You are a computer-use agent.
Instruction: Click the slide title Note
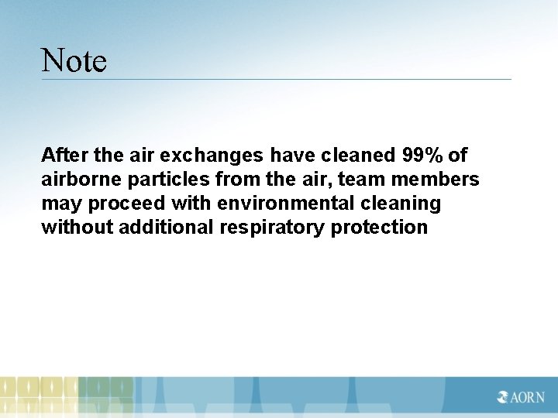coord(74,60)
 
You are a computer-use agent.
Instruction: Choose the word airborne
coord(77,180)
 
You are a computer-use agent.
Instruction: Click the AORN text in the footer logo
coord(527,397)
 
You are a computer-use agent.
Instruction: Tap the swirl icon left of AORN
coord(503,397)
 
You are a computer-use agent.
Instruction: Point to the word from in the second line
coord(236,180)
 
